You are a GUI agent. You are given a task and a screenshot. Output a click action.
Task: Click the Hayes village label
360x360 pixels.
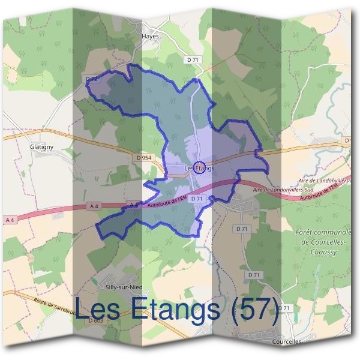149,36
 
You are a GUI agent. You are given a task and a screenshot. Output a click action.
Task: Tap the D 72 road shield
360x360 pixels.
91,79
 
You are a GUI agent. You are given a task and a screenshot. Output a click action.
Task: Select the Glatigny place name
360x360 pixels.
42,146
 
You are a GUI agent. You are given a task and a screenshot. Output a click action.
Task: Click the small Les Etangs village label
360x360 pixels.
199,169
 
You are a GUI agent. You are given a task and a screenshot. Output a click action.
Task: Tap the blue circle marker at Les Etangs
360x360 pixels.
200,167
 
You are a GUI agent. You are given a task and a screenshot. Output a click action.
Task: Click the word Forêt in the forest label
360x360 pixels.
307,232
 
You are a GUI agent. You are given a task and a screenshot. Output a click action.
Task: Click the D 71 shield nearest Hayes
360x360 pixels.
192,59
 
